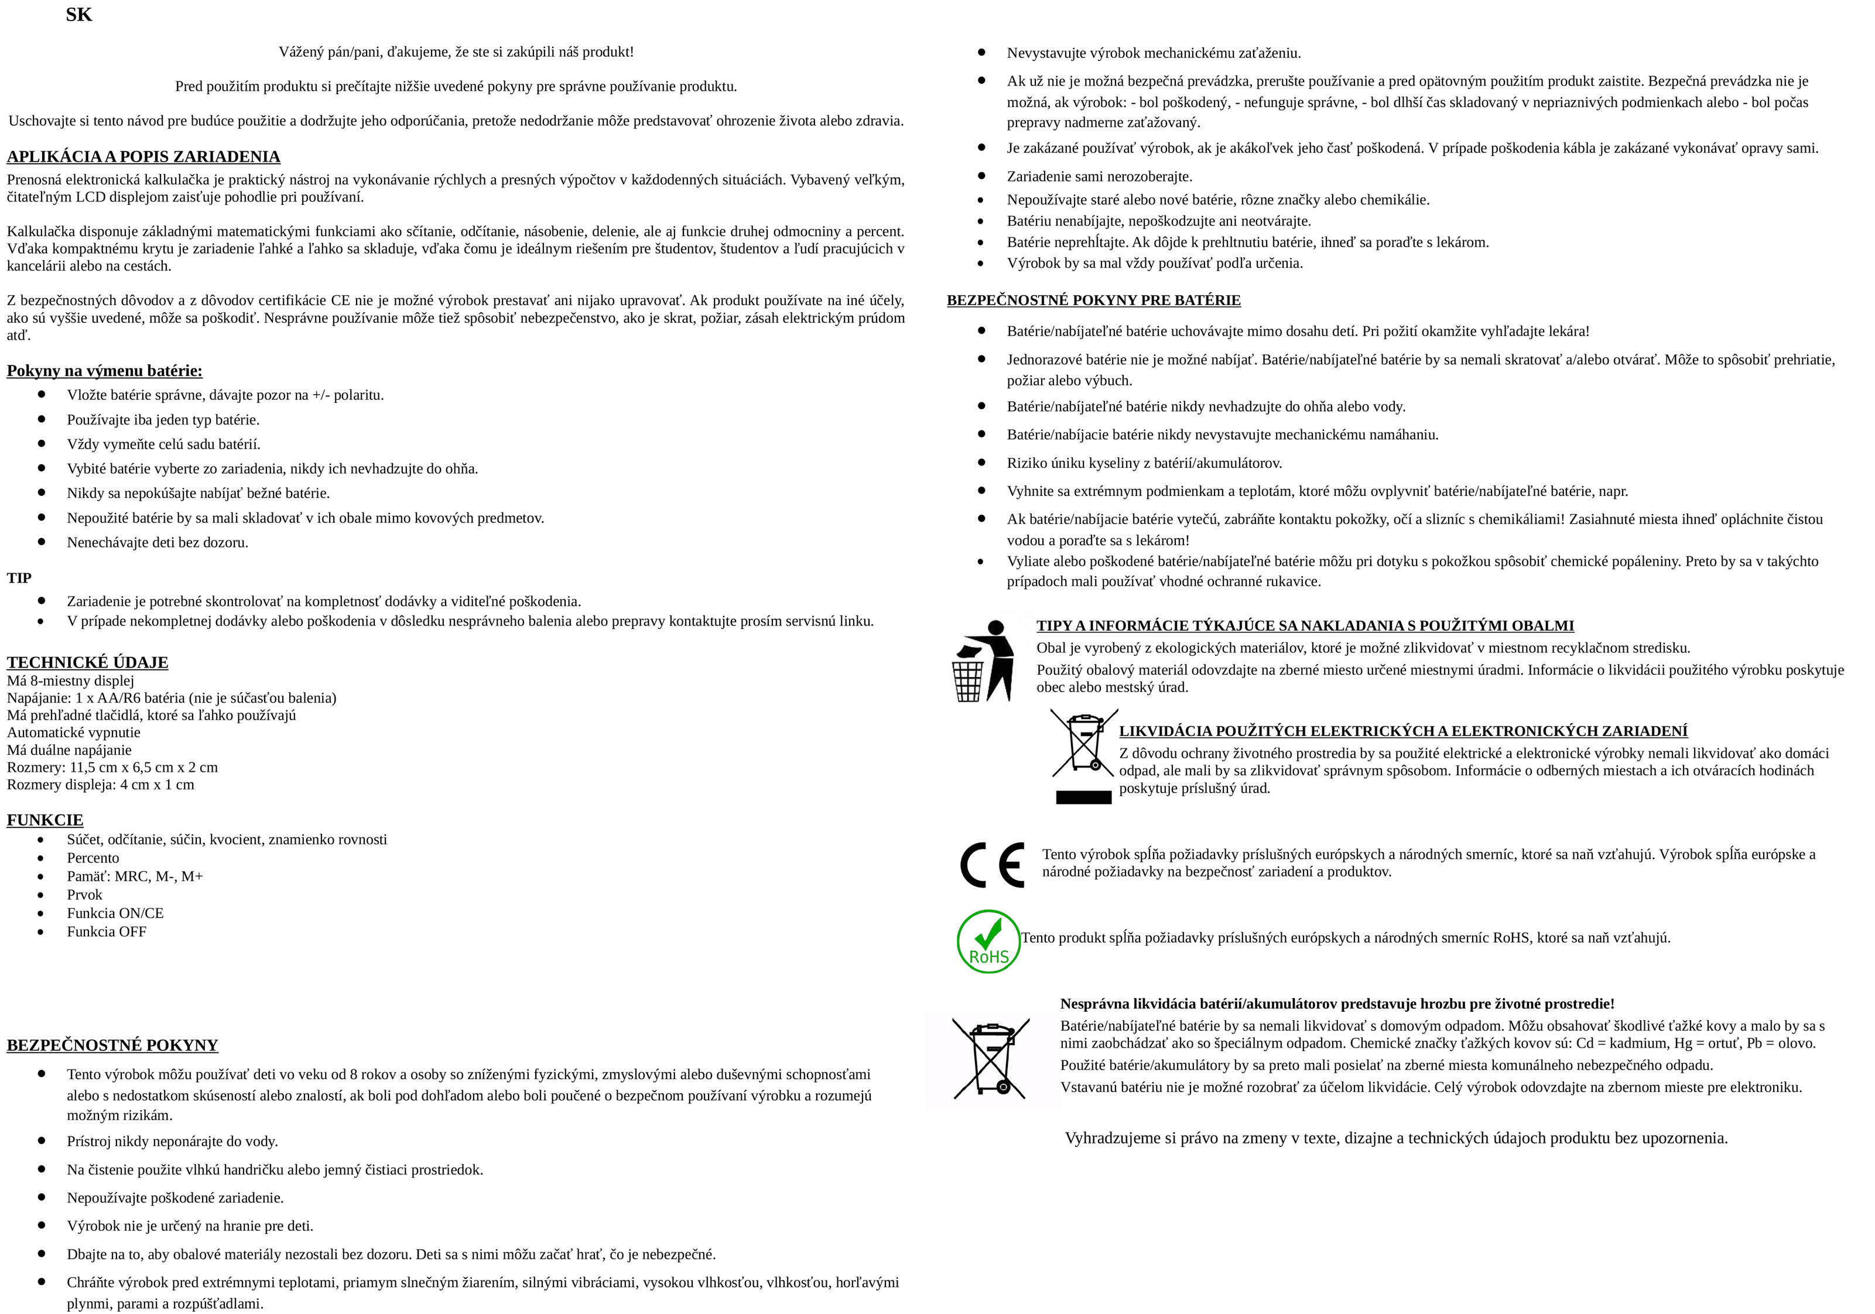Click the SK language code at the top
click(78, 15)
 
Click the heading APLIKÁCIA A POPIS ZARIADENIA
click(143, 157)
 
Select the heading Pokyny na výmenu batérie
click(105, 371)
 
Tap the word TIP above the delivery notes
click(19, 578)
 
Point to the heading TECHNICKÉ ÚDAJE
click(87, 662)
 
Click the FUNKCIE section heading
click(45, 820)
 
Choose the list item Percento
click(93, 857)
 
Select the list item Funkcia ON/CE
click(115, 913)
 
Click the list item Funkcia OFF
click(106, 932)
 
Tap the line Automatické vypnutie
click(74, 733)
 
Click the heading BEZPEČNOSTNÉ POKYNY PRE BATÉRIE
click(1093, 300)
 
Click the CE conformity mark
click(991, 865)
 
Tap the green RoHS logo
click(988, 942)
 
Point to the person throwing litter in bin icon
click(983, 661)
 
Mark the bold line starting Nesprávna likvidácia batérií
click(1337, 1004)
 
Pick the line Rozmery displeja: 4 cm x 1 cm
click(101, 785)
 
